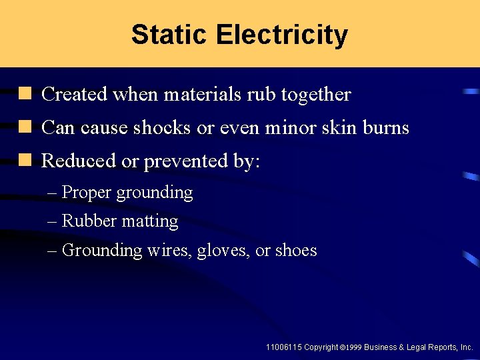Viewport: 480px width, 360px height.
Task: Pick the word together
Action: click(315, 95)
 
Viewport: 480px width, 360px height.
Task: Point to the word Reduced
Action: click(73, 161)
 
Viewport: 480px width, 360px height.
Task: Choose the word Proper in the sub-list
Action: click(86, 193)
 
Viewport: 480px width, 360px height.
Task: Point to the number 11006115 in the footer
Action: click(283, 347)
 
